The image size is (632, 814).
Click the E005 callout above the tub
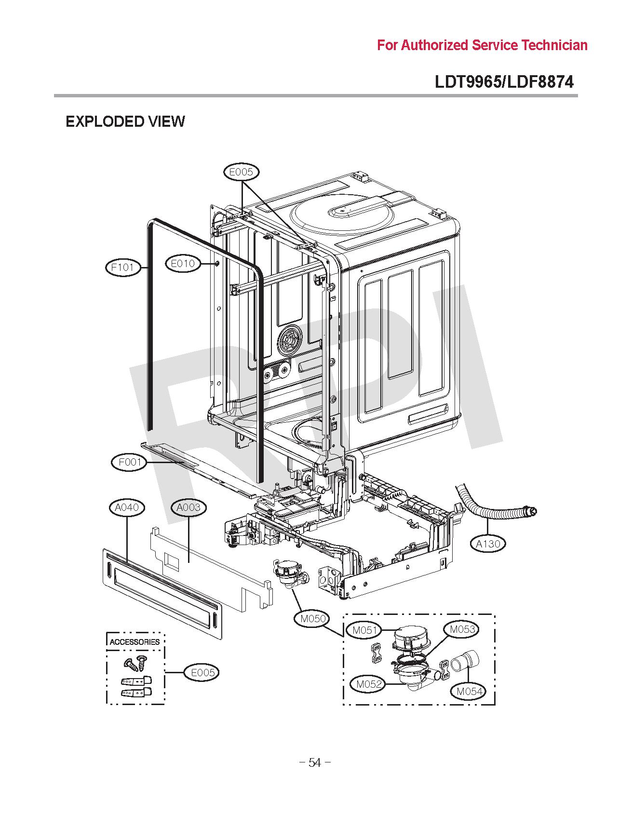click(x=242, y=172)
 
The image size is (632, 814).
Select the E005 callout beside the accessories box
click(x=202, y=672)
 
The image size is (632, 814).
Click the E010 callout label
click(x=183, y=263)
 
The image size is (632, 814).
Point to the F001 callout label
click(x=130, y=463)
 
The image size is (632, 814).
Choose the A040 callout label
click(x=127, y=507)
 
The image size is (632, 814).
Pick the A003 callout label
click(x=188, y=507)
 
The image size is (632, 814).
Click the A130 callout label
click(x=488, y=544)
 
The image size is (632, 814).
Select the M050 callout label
click(x=313, y=618)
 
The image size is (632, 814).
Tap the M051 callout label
click(x=364, y=630)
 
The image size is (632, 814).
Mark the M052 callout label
click(x=369, y=683)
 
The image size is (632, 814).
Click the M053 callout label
click(x=462, y=629)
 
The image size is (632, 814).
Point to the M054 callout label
click(x=469, y=691)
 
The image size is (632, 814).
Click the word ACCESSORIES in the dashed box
click(x=134, y=642)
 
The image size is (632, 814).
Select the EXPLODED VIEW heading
click(x=125, y=121)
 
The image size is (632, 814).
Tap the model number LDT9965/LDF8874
click(x=504, y=82)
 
